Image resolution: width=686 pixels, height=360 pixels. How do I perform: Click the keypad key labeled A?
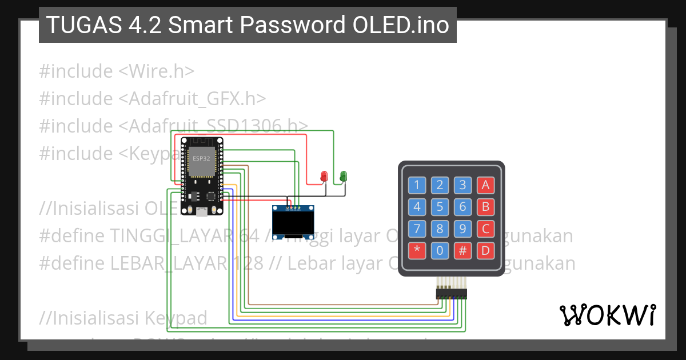[485, 185]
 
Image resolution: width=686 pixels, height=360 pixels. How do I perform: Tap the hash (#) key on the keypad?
[462, 250]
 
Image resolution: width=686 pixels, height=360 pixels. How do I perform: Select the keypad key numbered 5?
[440, 207]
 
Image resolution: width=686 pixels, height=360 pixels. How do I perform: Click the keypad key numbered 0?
[440, 250]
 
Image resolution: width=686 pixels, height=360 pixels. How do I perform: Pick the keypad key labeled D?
[485, 250]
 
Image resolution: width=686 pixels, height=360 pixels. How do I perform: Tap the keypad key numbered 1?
[417, 185]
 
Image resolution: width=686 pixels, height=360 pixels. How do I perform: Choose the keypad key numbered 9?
[462, 229]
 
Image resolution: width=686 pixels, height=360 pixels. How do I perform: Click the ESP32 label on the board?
[201, 158]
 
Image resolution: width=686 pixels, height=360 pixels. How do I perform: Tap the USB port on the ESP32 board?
[201, 212]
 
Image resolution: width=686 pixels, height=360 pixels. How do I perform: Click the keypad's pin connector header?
[452, 293]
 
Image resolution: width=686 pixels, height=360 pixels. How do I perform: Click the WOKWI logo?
[608, 314]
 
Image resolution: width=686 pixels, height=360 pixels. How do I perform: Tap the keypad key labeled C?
[485, 229]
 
